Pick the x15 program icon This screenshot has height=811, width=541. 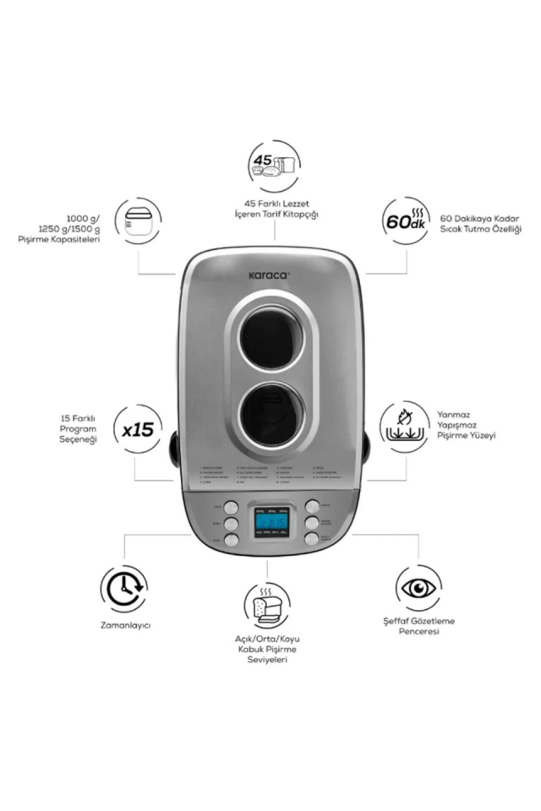tap(137, 429)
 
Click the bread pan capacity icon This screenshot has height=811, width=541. tap(139, 222)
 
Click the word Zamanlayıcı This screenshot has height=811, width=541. tap(123, 626)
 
